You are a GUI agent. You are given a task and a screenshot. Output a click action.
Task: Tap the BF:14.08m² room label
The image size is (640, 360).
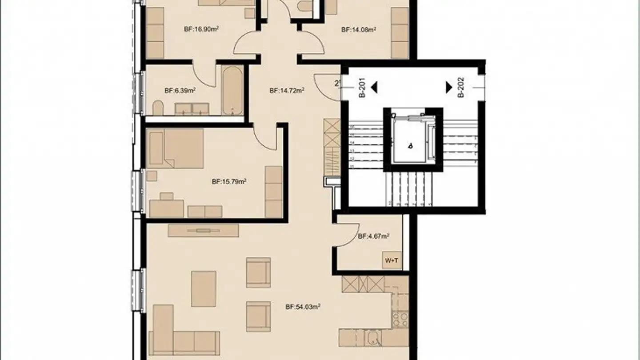pyautogui.click(x=359, y=30)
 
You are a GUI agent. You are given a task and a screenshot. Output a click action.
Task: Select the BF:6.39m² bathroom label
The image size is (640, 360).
pyautogui.click(x=180, y=90)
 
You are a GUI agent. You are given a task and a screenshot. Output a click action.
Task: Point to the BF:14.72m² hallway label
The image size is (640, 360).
pyautogui.click(x=287, y=90)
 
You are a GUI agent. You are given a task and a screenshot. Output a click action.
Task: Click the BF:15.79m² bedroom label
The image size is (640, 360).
pyautogui.click(x=229, y=181)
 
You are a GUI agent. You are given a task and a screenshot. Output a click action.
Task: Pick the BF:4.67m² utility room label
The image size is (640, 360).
pyautogui.click(x=373, y=236)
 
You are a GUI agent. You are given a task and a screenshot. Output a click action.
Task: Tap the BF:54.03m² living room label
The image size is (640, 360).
pyautogui.click(x=303, y=306)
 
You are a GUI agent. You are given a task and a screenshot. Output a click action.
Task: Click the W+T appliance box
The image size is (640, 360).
pyautogui.click(x=392, y=260)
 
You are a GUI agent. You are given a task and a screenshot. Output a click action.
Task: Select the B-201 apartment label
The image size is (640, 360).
pyautogui.click(x=362, y=88)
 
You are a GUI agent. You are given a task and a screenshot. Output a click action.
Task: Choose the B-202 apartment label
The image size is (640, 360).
pyautogui.click(x=461, y=88)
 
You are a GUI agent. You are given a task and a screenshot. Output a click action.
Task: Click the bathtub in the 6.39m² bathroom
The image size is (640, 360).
pyautogui.click(x=232, y=90)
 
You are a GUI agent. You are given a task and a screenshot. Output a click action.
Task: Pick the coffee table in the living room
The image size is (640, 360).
pyautogui.click(x=204, y=289)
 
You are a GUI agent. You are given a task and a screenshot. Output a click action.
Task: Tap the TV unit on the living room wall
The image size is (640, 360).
pyautogui.click(x=204, y=230)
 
